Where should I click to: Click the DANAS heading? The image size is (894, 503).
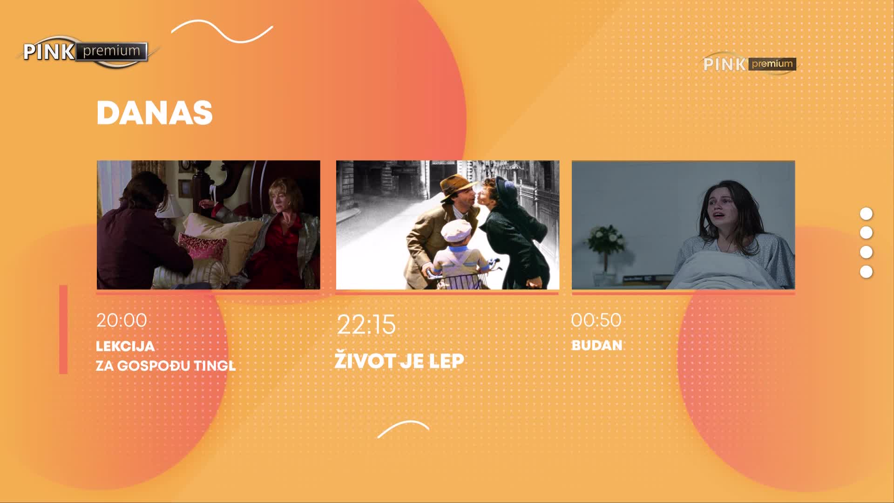(x=155, y=113)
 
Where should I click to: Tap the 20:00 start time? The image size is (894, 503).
(x=122, y=320)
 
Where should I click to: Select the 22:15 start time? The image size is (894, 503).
(x=366, y=325)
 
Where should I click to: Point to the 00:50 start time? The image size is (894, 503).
(x=596, y=320)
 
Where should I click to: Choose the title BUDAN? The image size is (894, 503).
(x=597, y=346)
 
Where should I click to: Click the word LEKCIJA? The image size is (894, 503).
(x=125, y=346)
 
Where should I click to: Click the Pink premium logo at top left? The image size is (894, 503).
(x=86, y=52)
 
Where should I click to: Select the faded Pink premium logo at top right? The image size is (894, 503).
(x=750, y=64)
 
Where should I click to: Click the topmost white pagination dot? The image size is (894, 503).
(x=866, y=214)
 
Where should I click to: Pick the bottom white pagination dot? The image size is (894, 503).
(x=866, y=272)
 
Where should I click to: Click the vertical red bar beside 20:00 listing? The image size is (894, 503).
(x=63, y=329)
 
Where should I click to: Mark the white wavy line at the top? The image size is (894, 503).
(x=222, y=31)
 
